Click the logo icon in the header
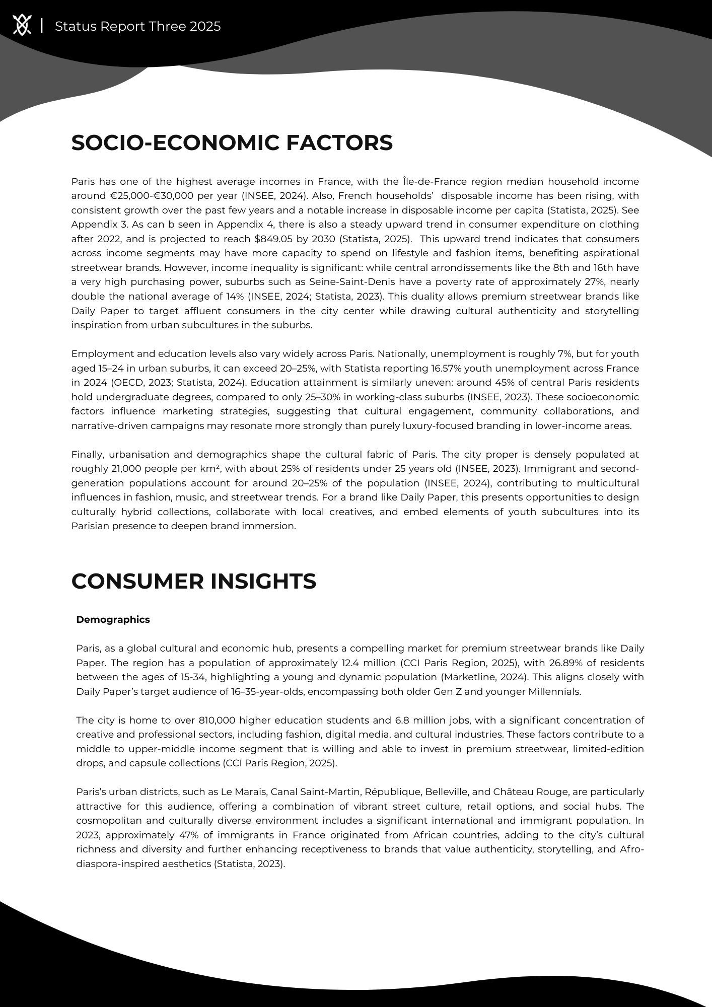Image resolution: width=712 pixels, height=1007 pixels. pyautogui.click(x=22, y=25)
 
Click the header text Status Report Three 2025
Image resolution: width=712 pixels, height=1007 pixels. pyautogui.click(x=137, y=26)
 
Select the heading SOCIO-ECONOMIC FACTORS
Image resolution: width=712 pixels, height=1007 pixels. pyautogui.click(x=232, y=142)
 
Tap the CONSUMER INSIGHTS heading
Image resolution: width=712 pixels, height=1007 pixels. pyautogui.click(x=194, y=581)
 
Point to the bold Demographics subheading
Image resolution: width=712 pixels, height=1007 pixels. pyautogui.click(x=113, y=619)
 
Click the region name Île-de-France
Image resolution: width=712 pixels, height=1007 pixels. pyautogui.click(x=434, y=181)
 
